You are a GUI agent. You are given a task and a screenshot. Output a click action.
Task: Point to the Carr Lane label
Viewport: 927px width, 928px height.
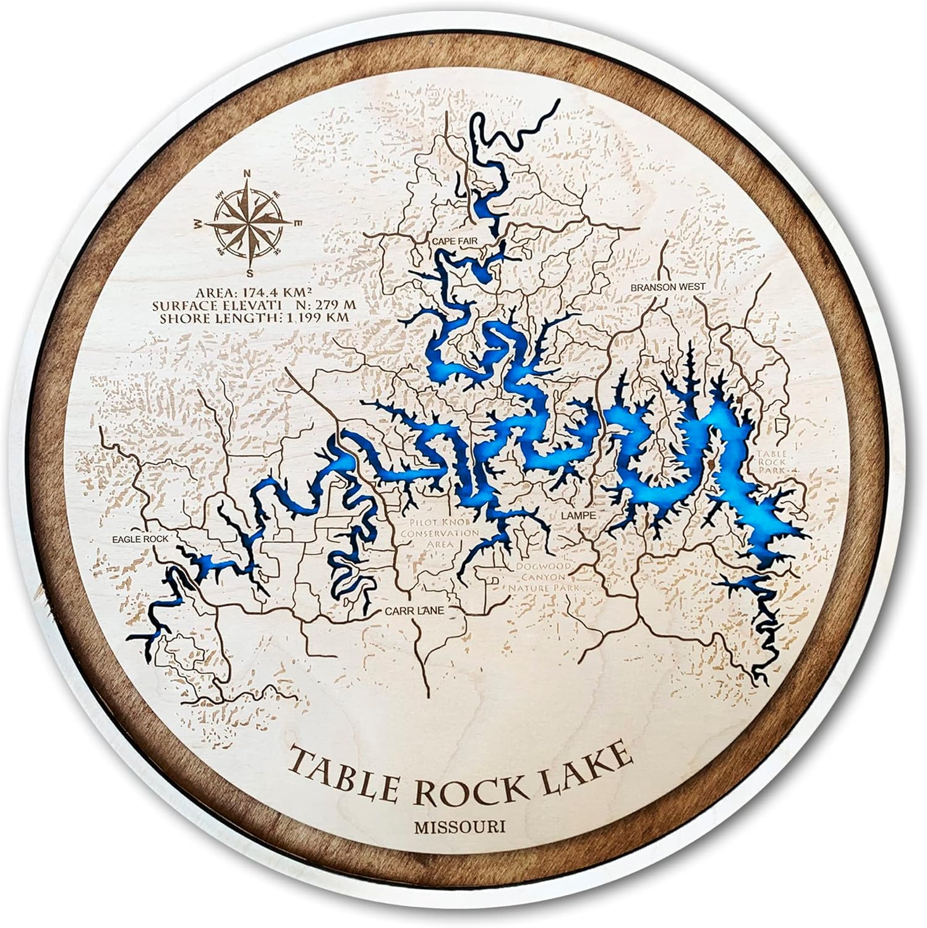415,611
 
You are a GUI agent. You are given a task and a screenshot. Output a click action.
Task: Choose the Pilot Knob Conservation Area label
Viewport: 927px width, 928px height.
438,533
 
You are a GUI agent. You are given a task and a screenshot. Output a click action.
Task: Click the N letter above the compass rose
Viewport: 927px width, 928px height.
247,173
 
